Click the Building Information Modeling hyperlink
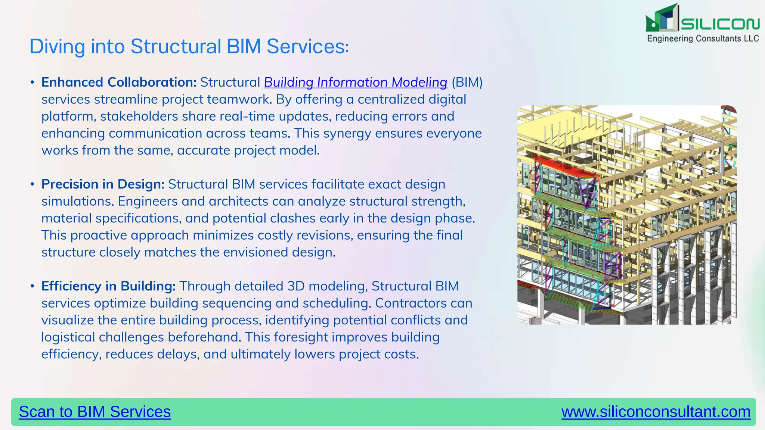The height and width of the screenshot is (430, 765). (x=355, y=82)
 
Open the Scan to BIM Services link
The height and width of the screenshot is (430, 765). (x=95, y=412)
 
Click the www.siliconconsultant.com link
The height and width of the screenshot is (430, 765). (x=656, y=412)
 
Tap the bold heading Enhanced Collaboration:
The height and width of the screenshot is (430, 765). (x=119, y=82)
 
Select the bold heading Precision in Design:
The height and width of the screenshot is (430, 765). (x=103, y=184)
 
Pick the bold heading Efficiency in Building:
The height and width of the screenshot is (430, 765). (x=108, y=286)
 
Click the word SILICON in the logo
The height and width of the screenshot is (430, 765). (x=720, y=24)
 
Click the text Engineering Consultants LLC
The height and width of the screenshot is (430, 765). (x=703, y=39)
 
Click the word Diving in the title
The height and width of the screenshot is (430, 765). (x=57, y=47)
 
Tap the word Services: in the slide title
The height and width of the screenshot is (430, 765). (x=307, y=47)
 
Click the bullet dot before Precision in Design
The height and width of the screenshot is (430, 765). (x=32, y=184)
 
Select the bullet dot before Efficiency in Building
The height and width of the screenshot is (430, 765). (x=32, y=286)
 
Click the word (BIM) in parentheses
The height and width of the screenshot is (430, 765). (x=467, y=82)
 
